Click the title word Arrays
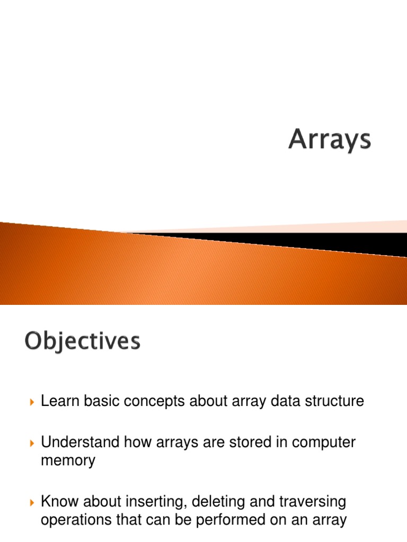pyautogui.click(x=330, y=140)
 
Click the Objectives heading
pyautogui.click(x=82, y=341)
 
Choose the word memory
pyautogui.click(x=68, y=460)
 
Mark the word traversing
pyautogui.click(x=313, y=501)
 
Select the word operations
pyautogui.click(x=77, y=520)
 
